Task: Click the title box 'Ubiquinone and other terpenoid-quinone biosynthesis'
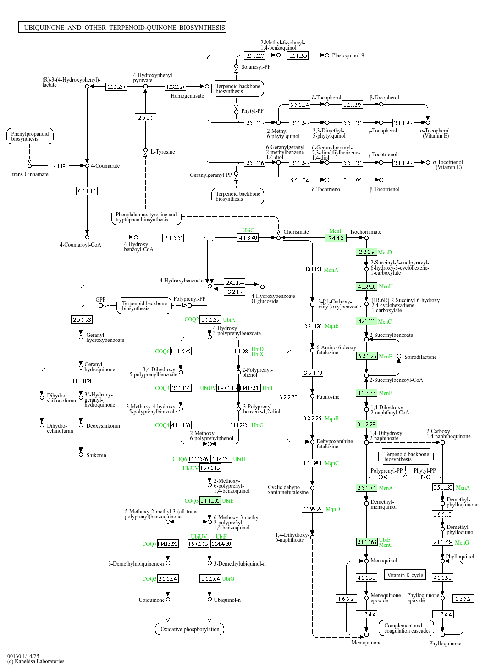[x=122, y=27]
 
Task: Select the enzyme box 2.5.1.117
[x=255, y=55]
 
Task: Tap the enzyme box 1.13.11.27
[x=175, y=87]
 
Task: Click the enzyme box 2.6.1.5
[x=146, y=117]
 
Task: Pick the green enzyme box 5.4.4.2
[x=336, y=238]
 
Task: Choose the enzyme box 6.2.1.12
[x=87, y=191]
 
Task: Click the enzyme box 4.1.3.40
[x=248, y=237]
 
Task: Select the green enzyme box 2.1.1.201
[x=210, y=501]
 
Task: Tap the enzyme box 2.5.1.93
[x=82, y=319]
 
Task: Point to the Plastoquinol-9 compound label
[x=348, y=55]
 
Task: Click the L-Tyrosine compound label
[x=163, y=152]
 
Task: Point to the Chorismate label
[x=296, y=232]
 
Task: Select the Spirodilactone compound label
[x=420, y=357]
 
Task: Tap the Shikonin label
[x=96, y=455]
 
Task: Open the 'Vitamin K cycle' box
[x=405, y=575]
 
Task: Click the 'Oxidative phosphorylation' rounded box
[x=190, y=629]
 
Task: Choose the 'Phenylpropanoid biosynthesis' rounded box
[x=30, y=136]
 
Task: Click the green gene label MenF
[x=336, y=231]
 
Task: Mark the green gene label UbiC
[x=248, y=231]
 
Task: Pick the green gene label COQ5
[x=191, y=501]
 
